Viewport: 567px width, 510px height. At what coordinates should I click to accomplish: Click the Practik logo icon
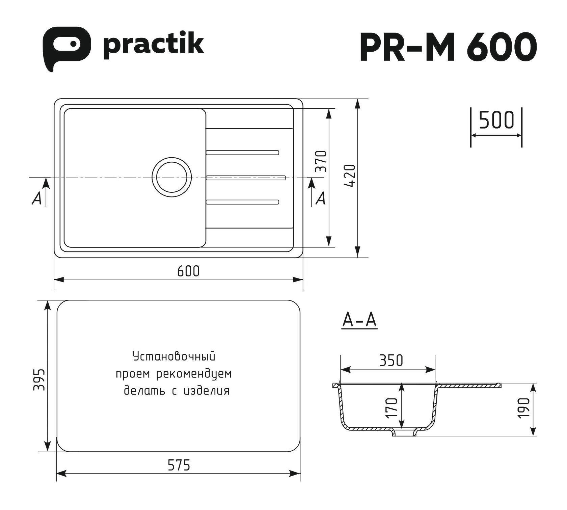coord(66,47)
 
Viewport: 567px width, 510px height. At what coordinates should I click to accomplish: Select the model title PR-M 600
coord(448,47)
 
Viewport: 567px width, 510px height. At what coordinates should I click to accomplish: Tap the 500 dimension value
coord(496,120)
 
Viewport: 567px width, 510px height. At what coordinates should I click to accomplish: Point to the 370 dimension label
coord(322,162)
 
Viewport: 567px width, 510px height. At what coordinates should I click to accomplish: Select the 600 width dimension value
coord(188,271)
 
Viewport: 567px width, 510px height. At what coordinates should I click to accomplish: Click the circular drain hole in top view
coord(172,177)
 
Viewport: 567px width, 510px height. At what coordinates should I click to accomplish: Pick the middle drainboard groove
coord(246,178)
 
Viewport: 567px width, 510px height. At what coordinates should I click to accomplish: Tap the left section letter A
coord(36,199)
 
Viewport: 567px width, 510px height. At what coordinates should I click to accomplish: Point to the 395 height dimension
coord(39,379)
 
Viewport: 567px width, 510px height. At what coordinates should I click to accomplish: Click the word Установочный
coord(174,357)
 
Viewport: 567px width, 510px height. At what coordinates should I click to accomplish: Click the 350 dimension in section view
coord(391,360)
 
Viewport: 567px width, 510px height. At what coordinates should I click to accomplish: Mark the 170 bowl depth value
coord(392,408)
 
